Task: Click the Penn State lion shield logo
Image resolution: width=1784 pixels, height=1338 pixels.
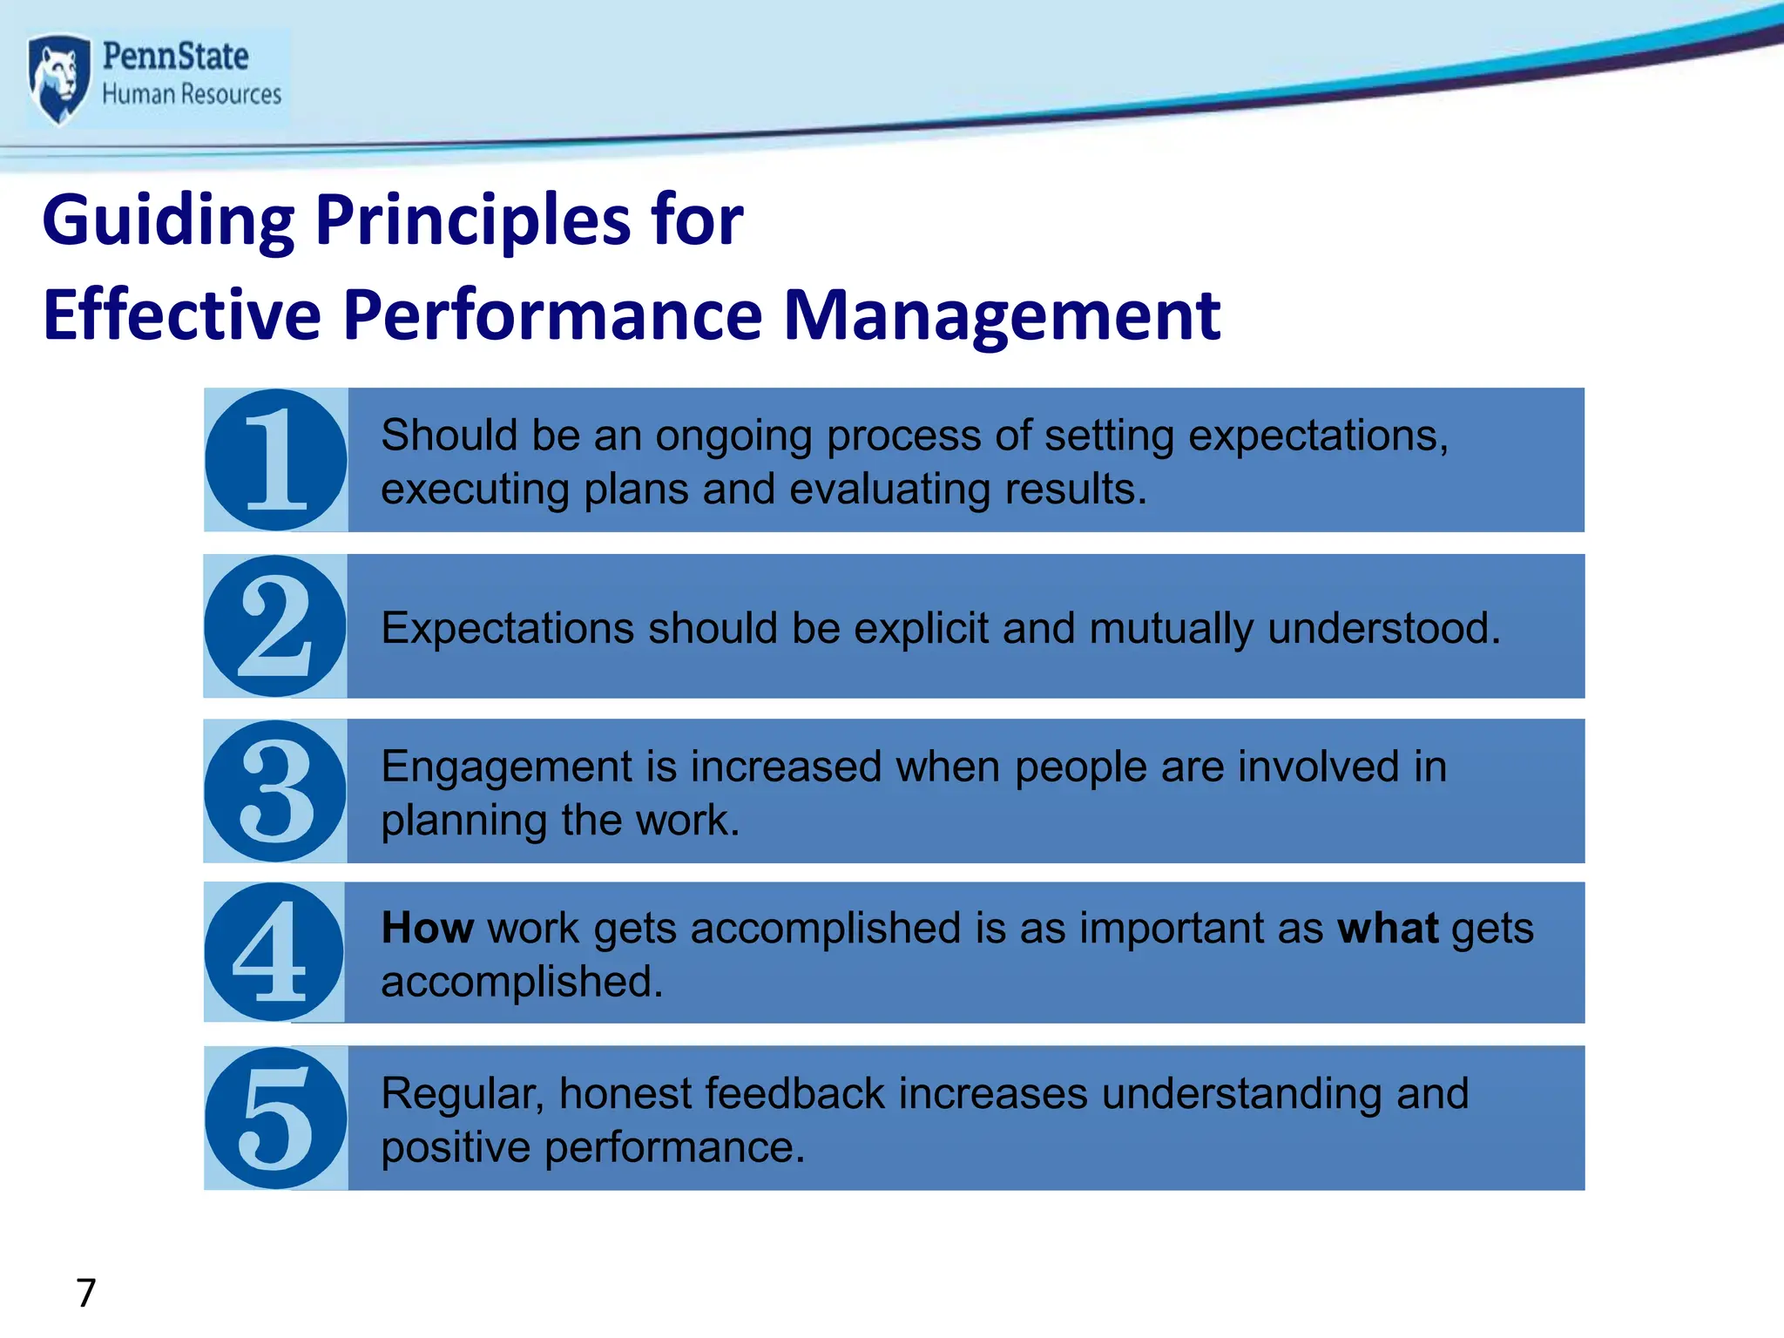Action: pos(58,78)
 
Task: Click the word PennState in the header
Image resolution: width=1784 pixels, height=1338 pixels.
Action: pos(175,57)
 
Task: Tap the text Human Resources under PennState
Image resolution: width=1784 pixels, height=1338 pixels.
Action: pos(192,94)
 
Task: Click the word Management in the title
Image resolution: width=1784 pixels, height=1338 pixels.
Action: pos(1002,315)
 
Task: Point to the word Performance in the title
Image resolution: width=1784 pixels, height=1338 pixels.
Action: pos(553,315)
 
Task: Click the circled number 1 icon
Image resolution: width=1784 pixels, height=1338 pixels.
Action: pos(276,460)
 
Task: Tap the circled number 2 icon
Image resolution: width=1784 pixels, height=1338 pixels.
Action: pos(275,625)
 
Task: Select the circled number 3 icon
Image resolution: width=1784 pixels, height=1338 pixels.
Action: pos(275,791)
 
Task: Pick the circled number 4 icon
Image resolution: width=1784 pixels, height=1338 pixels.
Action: pos(274,952)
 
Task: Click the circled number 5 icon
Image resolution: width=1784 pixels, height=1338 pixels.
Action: pos(275,1118)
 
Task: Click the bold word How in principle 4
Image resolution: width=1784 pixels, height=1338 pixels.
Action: pos(427,928)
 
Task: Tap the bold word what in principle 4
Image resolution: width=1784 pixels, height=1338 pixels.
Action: pos(1387,928)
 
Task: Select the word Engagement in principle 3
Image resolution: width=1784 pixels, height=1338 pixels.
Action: pos(506,768)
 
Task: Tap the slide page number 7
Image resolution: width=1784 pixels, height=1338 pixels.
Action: pos(85,1293)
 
